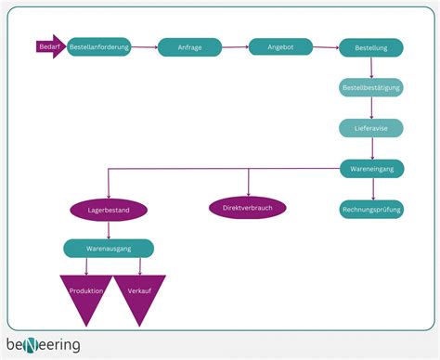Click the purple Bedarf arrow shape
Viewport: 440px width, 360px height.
coord(50,46)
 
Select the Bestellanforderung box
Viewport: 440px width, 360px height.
coord(99,46)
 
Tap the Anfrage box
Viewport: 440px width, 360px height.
coord(189,47)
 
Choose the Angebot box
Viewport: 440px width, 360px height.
coord(280,46)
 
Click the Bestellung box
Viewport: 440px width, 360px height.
coord(371,47)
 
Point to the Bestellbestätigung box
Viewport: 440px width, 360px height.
coord(371,87)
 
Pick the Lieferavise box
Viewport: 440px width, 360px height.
coord(371,128)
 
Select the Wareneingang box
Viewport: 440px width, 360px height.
coord(371,169)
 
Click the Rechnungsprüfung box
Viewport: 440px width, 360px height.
coord(371,210)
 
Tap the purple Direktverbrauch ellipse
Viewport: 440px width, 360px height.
coord(248,208)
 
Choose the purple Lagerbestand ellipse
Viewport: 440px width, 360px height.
coord(109,211)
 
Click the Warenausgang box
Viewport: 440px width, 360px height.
coord(109,248)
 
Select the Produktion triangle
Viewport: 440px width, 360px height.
coord(86,295)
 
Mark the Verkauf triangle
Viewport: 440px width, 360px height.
coord(140,295)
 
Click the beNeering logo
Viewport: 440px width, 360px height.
coord(44,345)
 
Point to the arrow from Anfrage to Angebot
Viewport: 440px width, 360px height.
coord(235,46)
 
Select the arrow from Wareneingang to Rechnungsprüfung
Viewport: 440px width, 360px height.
coord(371,189)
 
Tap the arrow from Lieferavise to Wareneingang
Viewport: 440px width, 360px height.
coord(371,148)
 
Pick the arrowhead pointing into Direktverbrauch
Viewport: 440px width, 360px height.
coord(248,192)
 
